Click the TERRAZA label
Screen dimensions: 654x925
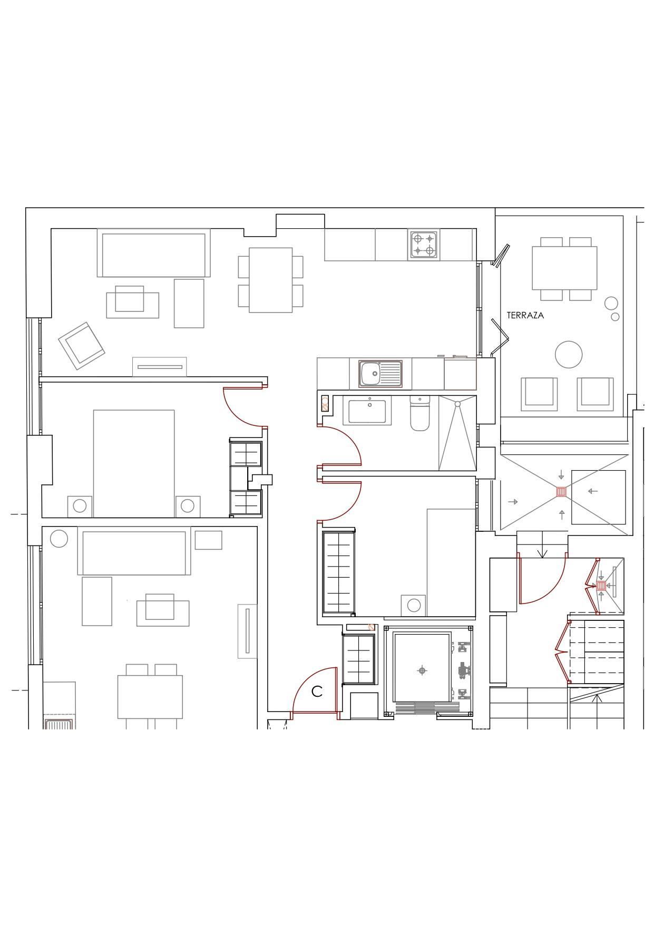(x=525, y=316)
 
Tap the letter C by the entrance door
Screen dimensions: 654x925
(x=317, y=692)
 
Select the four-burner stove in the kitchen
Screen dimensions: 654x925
(x=424, y=245)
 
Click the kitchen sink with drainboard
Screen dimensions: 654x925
(x=380, y=374)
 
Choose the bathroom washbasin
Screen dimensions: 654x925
(x=367, y=411)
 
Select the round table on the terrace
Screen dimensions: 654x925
(x=569, y=354)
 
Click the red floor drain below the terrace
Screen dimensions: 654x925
(x=562, y=492)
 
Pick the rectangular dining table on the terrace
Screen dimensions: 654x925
(x=564, y=268)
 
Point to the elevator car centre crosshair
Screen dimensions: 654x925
(x=422, y=670)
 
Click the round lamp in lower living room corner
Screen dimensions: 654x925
(x=59, y=539)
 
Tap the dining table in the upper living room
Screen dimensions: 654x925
(x=271, y=280)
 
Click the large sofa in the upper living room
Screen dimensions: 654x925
(x=153, y=252)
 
